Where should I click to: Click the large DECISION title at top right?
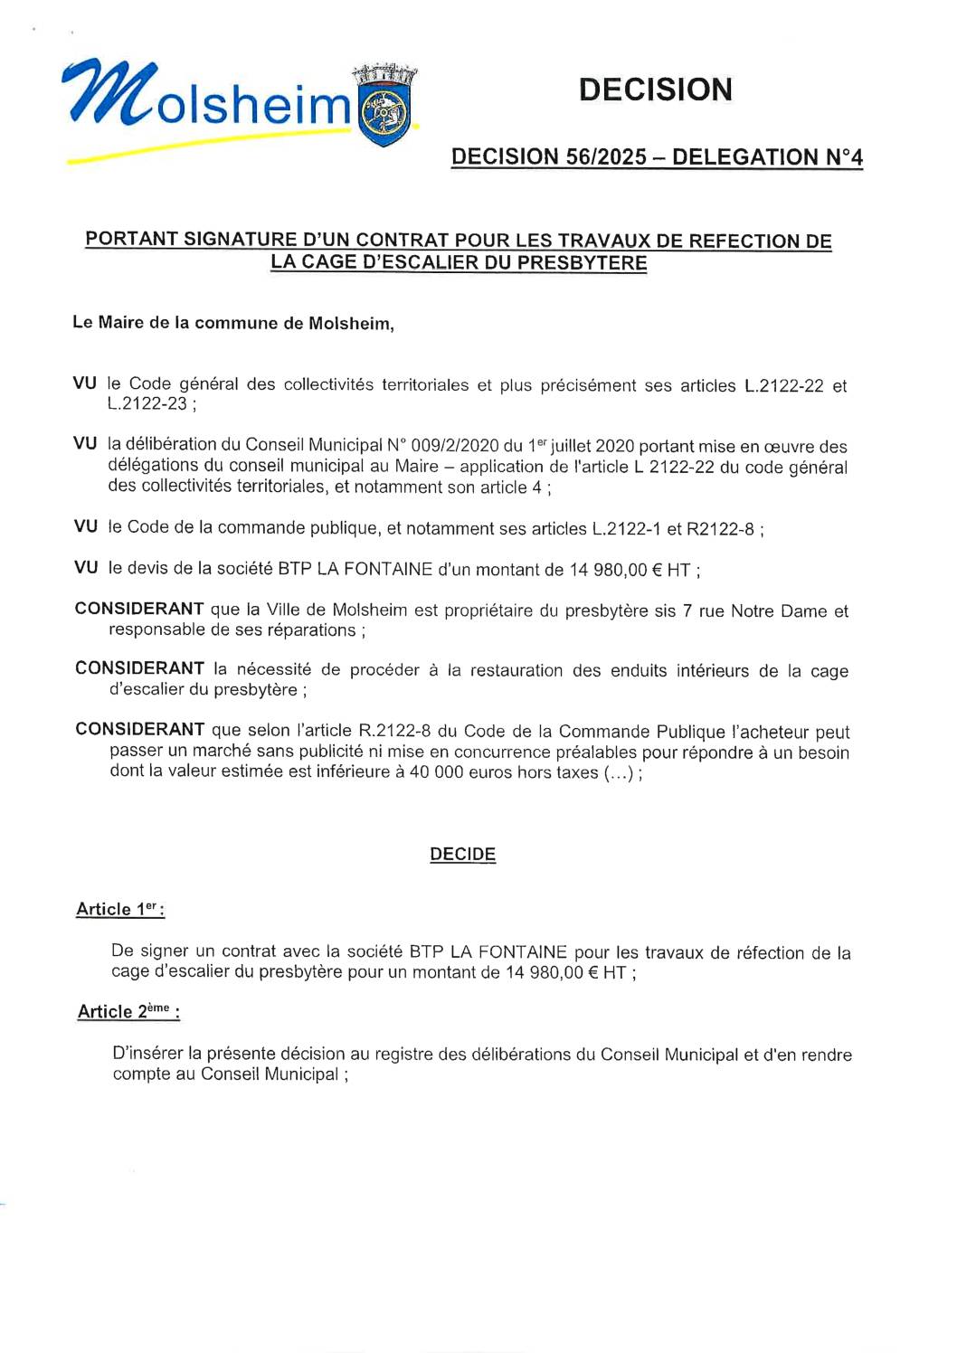tap(656, 90)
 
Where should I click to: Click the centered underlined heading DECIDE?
tap(462, 855)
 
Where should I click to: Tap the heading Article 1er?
tap(119, 910)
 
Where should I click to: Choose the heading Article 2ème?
tap(128, 1012)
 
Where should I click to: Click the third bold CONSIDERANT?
tap(139, 730)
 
